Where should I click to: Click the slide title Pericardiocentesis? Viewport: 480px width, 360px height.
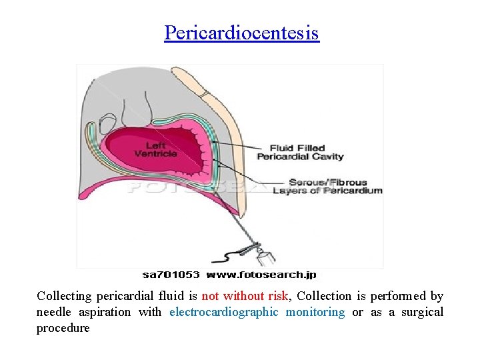[242, 32]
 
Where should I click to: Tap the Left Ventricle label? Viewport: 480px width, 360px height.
[156, 150]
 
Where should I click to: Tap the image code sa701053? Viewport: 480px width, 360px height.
[171, 274]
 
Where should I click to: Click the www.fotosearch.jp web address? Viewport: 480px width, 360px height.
[261, 274]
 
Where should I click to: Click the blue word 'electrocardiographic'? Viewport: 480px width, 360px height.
[223, 312]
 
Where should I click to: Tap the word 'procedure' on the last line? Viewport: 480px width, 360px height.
[63, 328]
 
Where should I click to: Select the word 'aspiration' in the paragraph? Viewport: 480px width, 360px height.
[105, 312]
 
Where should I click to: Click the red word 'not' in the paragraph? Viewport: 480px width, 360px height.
[210, 296]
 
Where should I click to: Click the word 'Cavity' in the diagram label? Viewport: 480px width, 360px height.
[327, 157]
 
